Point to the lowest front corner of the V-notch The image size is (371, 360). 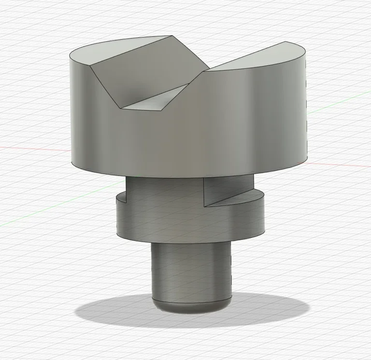click(121, 108)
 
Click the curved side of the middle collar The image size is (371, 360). click(188, 222)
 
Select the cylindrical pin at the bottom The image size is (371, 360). click(191, 270)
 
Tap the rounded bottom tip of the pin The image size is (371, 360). click(191, 309)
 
